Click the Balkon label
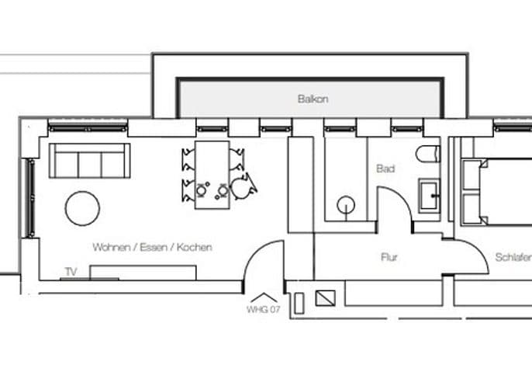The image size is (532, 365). pos(313,99)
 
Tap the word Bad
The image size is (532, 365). pos(385,169)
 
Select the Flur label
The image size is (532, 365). pos(389,257)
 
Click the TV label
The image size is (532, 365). pos(71,272)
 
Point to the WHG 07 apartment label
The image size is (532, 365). pos(264,310)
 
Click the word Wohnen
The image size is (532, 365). pos(112,247)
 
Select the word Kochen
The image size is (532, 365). pos(195,247)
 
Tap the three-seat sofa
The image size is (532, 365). pos(90,161)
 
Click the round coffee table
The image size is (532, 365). pos(82,208)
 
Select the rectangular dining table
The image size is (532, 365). pos(212,175)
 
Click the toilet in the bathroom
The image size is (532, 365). pos(428,154)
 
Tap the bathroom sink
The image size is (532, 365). pos(429,196)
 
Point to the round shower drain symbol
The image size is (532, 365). pos(346,205)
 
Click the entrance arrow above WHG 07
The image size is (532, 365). pos(264,297)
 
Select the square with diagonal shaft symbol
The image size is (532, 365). pos(326,298)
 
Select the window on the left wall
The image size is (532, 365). pos(30,198)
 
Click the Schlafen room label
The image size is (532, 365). pos(513,257)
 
